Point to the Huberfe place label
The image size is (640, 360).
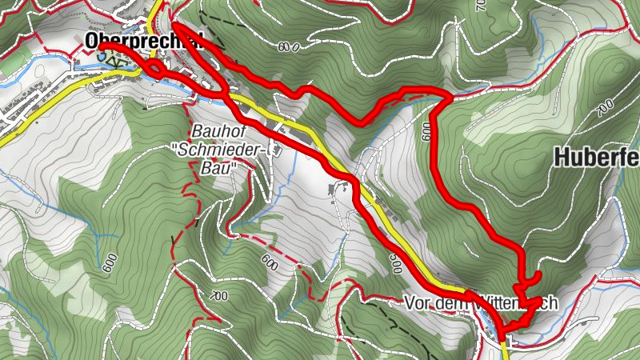coord(596,158)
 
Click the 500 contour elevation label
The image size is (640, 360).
coord(396,264)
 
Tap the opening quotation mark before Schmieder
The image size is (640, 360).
coord(174,149)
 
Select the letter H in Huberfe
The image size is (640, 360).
coord(562,158)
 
